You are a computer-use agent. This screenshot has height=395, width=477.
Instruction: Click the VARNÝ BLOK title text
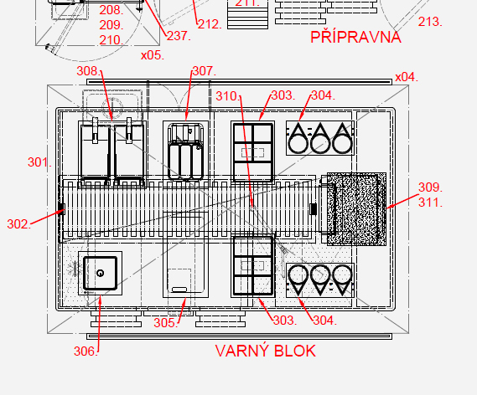pos(265,351)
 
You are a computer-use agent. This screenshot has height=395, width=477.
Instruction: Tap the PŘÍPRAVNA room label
pos(355,37)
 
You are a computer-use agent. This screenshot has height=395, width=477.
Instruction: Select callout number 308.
pos(88,71)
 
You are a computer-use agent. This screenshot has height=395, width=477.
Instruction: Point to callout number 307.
pos(204,71)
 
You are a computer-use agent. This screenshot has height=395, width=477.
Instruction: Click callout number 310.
pos(228,96)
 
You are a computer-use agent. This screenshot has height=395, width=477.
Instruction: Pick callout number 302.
pos(18,224)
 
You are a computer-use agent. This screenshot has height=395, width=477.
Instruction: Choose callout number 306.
pos(86,351)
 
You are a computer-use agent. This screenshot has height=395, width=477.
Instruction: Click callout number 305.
pos(165,323)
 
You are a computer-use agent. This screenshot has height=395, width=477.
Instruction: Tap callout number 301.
pos(39,162)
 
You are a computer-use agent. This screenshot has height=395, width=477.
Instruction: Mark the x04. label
pos(407,77)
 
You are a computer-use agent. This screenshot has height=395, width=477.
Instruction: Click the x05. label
pos(153,55)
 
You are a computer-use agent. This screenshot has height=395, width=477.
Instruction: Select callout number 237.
pos(179,36)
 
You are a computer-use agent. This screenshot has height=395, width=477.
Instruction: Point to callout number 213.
pos(430,22)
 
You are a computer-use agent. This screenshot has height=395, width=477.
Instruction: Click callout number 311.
pos(430,203)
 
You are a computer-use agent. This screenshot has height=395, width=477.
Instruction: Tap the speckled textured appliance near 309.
pos(356,209)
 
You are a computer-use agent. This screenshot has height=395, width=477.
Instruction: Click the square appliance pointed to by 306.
pos(100,273)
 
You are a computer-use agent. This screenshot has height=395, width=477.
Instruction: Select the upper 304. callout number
pos(323,95)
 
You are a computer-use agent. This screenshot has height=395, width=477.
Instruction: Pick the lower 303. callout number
pos(285,321)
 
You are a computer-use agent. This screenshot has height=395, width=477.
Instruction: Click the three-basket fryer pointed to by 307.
pos(185,151)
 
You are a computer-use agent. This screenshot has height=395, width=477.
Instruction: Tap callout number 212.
pos(210,24)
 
